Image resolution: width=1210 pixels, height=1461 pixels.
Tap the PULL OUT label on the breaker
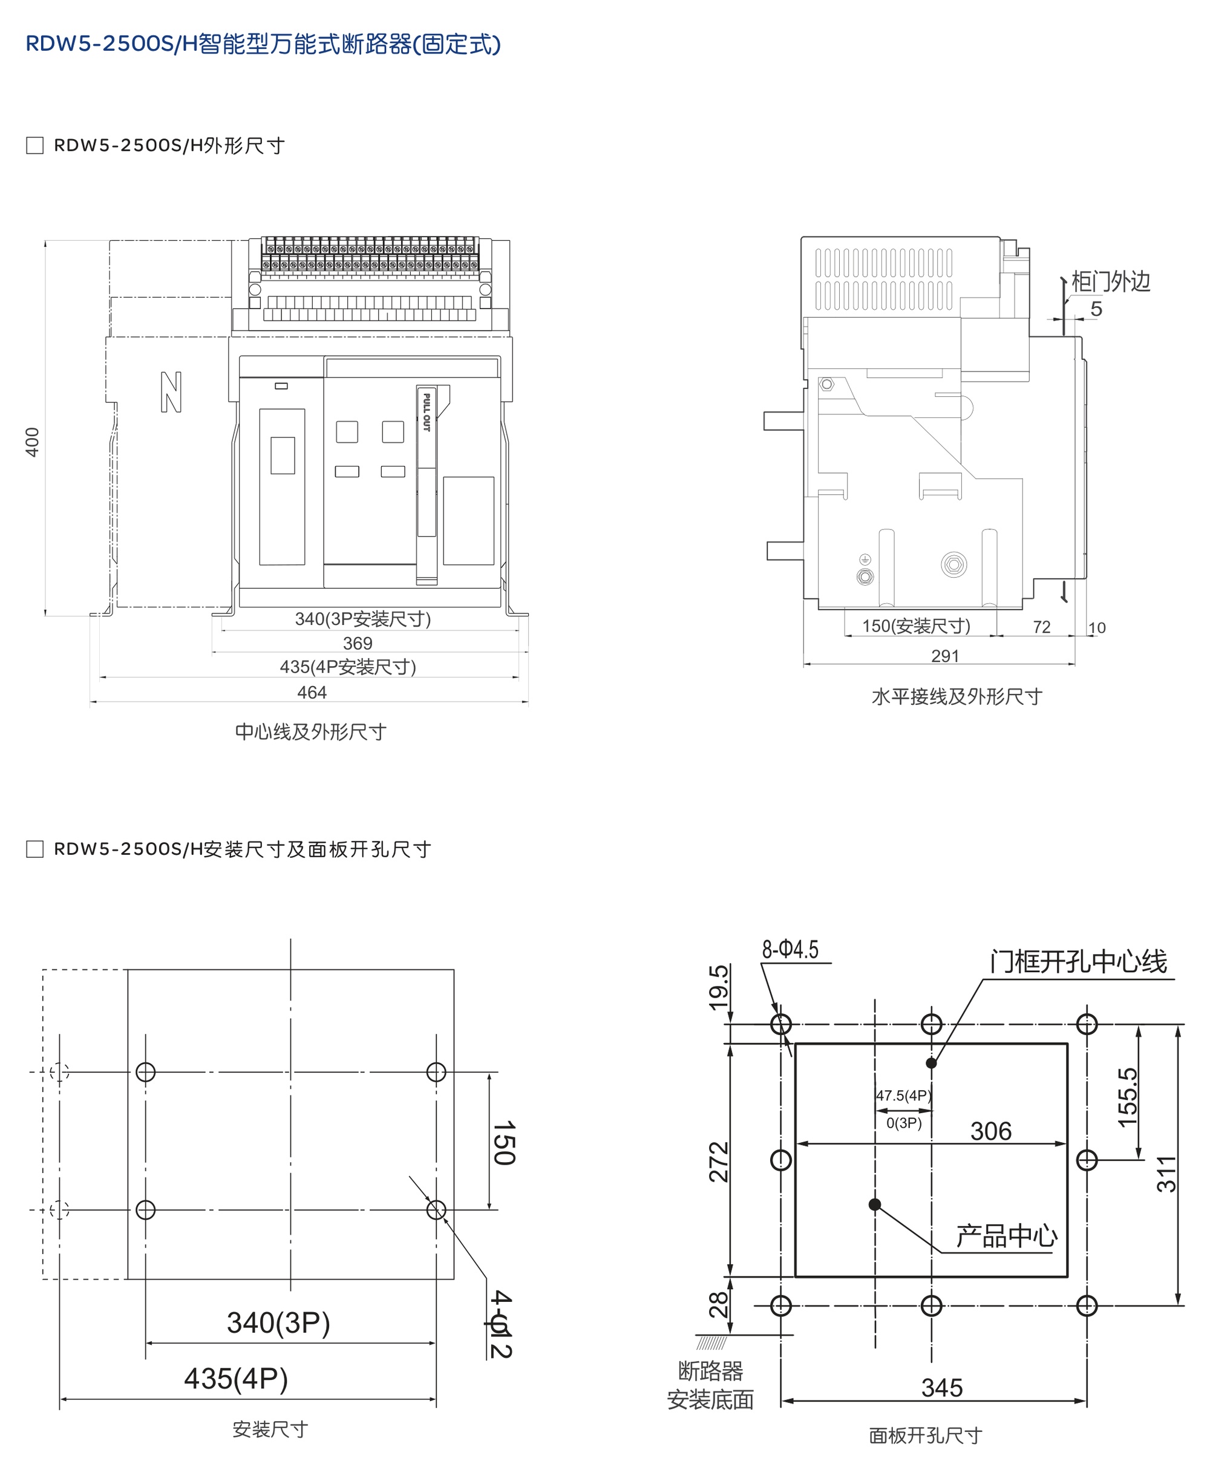427,412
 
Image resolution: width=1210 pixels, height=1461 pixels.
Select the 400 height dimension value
32,442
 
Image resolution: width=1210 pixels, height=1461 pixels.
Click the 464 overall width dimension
312,692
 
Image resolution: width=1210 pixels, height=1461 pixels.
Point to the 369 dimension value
358,644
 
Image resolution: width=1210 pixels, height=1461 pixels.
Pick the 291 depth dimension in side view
945,656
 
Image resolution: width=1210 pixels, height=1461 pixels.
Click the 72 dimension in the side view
1042,627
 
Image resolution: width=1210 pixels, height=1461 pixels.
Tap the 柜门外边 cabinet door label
1111,282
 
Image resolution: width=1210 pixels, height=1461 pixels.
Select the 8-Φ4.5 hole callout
790,950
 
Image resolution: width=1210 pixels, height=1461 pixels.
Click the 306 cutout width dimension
991,1131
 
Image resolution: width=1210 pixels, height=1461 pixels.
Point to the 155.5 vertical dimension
1127,1097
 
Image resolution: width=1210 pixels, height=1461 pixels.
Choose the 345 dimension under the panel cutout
942,1388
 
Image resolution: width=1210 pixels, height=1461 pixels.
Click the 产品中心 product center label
1006,1237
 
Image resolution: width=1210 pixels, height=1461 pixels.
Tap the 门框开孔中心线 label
1079,962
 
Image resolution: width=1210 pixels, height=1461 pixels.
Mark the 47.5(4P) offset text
903,1096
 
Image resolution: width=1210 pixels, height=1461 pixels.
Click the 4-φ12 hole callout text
501,1325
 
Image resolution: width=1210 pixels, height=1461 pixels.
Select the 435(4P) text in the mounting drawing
236,1379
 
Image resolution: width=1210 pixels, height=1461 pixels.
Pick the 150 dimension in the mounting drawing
504,1143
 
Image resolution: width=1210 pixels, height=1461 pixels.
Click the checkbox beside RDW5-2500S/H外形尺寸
35,145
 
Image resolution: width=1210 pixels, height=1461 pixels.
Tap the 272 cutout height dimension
719,1161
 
